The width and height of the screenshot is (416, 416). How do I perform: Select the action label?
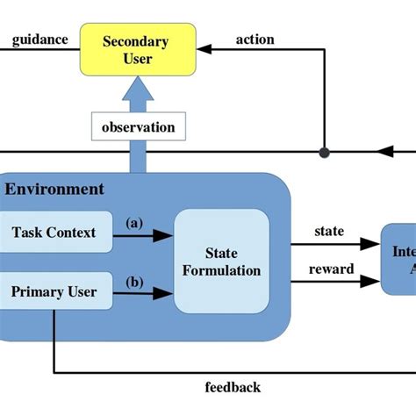click(x=255, y=39)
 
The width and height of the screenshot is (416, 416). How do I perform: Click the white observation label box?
click(x=138, y=127)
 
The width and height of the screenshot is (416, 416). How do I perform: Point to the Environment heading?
click(x=54, y=189)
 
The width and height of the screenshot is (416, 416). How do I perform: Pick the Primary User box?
click(x=54, y=290)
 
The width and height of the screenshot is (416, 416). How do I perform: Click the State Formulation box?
click(x=221, y=261)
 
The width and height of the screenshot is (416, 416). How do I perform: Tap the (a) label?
click(x=134, y=223)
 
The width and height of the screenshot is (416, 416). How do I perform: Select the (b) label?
click(x=134, y=282)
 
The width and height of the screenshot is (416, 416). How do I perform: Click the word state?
click(x=329, y=232)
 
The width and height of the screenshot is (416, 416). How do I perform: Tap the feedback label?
click(x=233, y=387)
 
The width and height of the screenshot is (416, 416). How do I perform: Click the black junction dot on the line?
click(x=324, y=152)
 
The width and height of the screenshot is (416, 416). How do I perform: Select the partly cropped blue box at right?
click(x=398, y=258)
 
